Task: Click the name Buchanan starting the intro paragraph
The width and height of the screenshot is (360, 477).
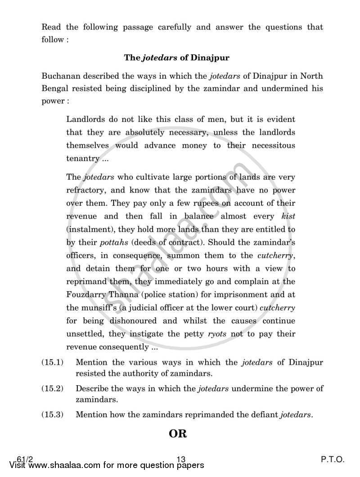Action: click(x=61, y=75)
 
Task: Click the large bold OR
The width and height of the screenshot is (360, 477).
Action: click(x=178, y=434)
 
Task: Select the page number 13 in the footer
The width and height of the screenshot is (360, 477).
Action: click(x=181, y=459)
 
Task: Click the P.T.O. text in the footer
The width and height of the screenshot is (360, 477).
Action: click(x=333, y=459)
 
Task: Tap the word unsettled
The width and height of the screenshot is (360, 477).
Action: click(x=85, y=334)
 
